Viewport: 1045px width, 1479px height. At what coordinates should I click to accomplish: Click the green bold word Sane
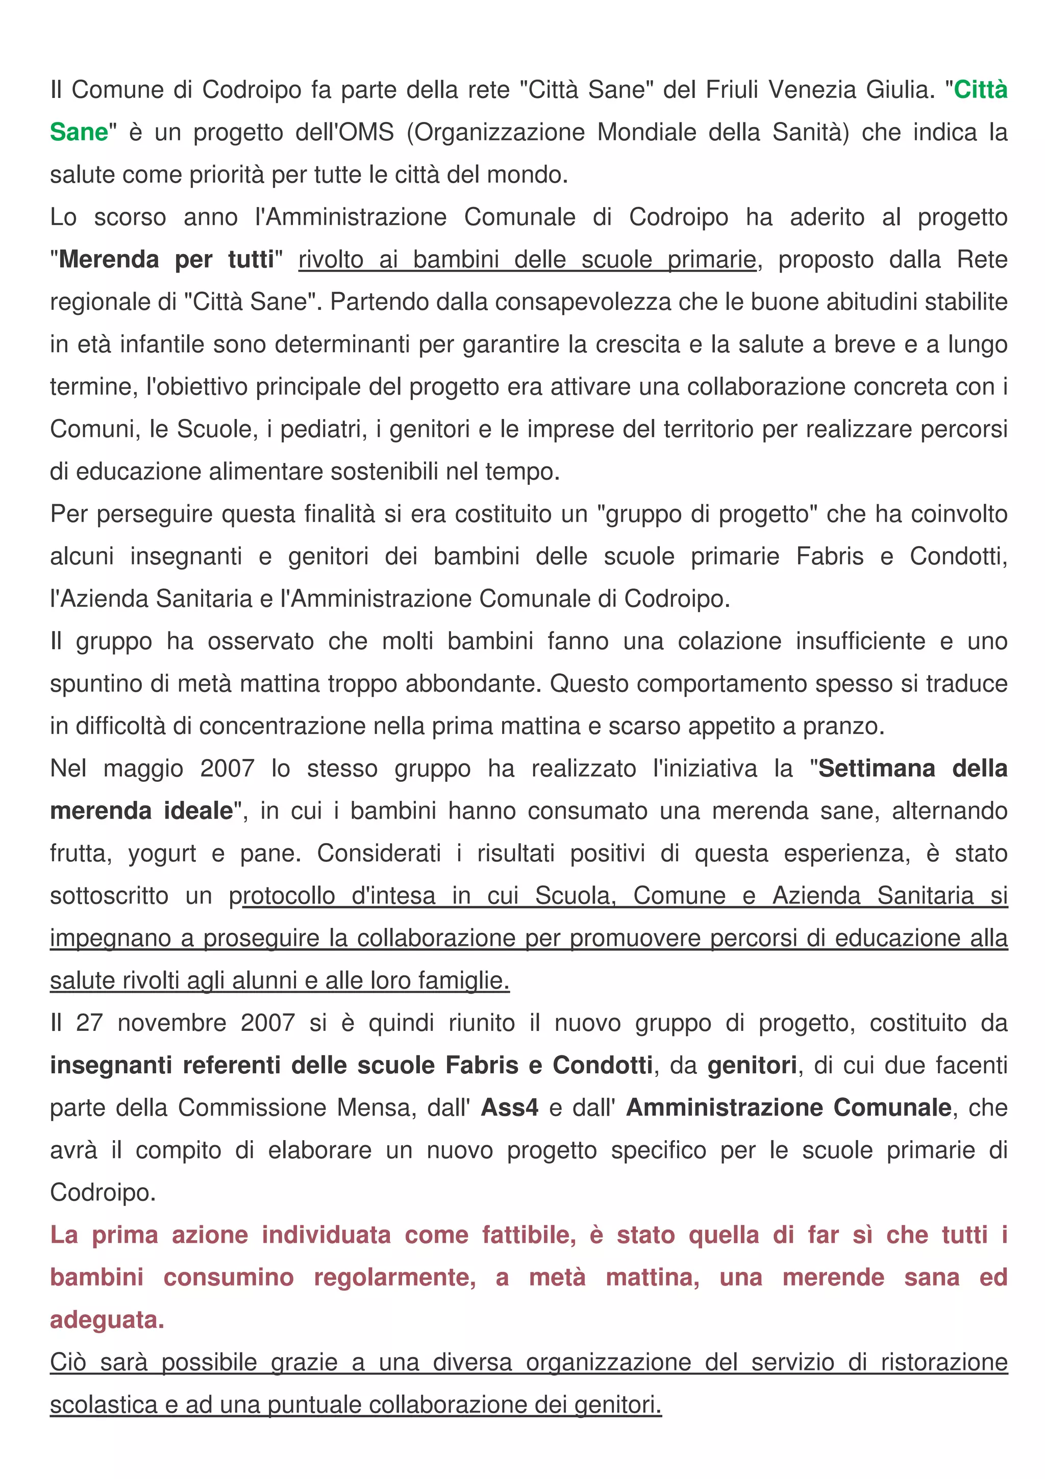click(x=79, y=132)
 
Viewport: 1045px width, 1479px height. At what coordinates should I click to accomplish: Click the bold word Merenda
click(x=109, y=260)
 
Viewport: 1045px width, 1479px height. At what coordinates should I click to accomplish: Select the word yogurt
click(x=162, y=853)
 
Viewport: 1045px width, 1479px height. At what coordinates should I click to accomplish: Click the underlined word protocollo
click(x=282, y=896)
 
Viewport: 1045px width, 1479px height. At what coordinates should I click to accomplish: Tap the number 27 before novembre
click(x=89, y=1023)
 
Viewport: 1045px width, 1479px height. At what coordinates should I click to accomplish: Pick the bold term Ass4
click(x=509, y=1108)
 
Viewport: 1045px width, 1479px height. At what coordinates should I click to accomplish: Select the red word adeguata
click(x=107, y=1320)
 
